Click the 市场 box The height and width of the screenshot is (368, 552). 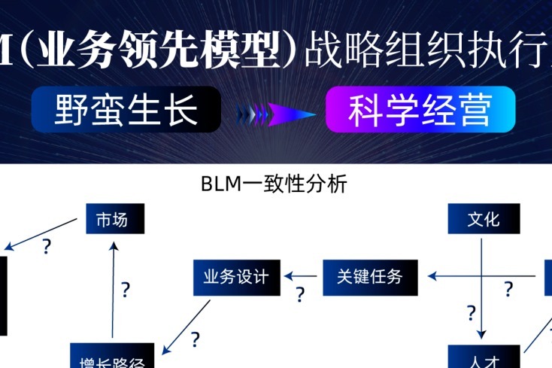114,219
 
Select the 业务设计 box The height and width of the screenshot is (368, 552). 236,276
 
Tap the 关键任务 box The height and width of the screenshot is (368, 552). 369,276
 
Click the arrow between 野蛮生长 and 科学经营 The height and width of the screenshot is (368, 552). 275,114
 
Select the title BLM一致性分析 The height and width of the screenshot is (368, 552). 274,184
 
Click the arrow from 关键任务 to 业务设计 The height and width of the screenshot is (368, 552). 302,276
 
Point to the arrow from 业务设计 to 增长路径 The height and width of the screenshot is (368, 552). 186,327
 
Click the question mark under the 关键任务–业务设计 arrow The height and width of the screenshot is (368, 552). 300,294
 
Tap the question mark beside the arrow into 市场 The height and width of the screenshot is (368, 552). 125,288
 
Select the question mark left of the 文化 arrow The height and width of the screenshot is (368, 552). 471,312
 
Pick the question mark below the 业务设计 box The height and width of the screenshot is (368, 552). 196,339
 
